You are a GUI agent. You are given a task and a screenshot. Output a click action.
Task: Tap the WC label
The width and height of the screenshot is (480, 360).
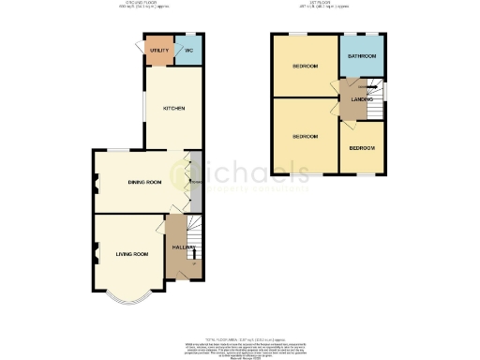(x=188, y=51)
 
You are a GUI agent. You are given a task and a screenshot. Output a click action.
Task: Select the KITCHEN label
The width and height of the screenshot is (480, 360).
(x=174, y=109)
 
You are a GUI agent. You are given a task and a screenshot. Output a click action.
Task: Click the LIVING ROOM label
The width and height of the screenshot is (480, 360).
(x=132, y=254)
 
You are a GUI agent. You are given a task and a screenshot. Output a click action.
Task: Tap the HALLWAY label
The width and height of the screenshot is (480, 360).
(x=182, y=247)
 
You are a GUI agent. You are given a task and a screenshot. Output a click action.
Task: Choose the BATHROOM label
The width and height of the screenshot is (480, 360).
(x=362, y=57)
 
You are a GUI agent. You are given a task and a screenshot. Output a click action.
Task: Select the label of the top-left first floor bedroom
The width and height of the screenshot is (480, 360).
(x=304, y=67)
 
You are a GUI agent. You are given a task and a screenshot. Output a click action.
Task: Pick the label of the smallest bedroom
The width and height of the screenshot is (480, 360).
(x=362, y=149)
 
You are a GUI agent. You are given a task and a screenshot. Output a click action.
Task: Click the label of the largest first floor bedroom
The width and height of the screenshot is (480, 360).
(x=304, y=137)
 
